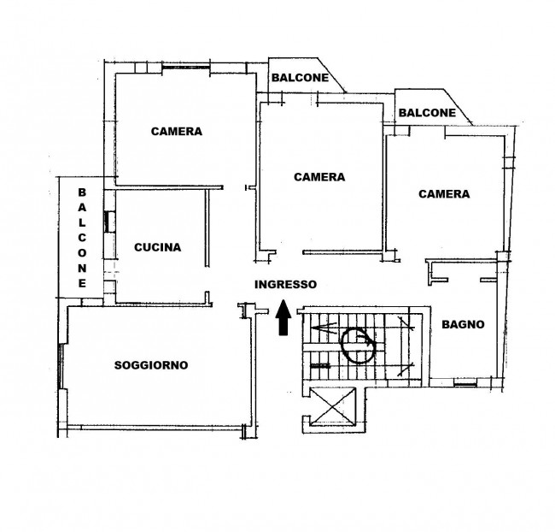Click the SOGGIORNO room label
click(151, 365)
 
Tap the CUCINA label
click(157, 247)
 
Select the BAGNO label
click(463, 324)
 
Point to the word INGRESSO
click(286, 285)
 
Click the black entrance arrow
click(283, 317)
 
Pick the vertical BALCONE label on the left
click(82, 238)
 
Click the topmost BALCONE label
click(301, 78)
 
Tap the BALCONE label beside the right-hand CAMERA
click(427, 113)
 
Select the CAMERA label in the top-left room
click(177, 132)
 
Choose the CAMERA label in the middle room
click(319, 177)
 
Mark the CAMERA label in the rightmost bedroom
click(444, 194)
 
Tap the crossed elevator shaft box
click(332, 406)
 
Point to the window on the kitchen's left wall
click(108, 222)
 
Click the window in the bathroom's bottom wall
click(465, 383)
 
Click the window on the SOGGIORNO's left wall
click(61, 366)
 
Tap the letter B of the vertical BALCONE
click(82, 192)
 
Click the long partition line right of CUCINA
click(207, 228)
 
